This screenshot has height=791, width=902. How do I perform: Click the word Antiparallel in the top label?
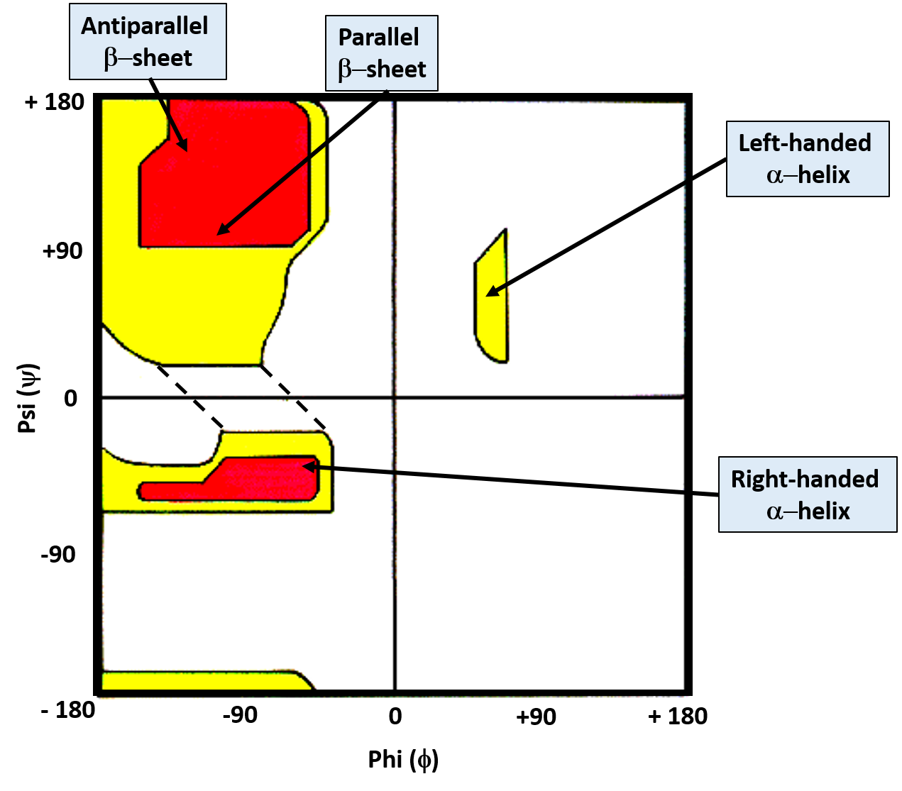[145, 26]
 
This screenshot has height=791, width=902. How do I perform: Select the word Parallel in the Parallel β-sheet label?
[378, 37]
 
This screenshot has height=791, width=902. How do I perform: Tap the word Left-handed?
[805, 143]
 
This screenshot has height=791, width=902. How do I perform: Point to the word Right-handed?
[805, 479]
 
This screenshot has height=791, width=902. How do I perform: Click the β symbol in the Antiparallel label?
[111, 58]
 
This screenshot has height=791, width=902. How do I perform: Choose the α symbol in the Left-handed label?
[775, 175]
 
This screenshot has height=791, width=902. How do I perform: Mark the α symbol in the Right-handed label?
[775, 511]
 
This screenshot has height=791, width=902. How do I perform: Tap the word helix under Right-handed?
[823, 511]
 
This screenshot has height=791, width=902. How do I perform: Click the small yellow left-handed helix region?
[492, 312]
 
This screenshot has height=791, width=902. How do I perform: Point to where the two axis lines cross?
[395, 397]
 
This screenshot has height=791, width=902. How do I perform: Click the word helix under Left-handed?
[823, 175]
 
